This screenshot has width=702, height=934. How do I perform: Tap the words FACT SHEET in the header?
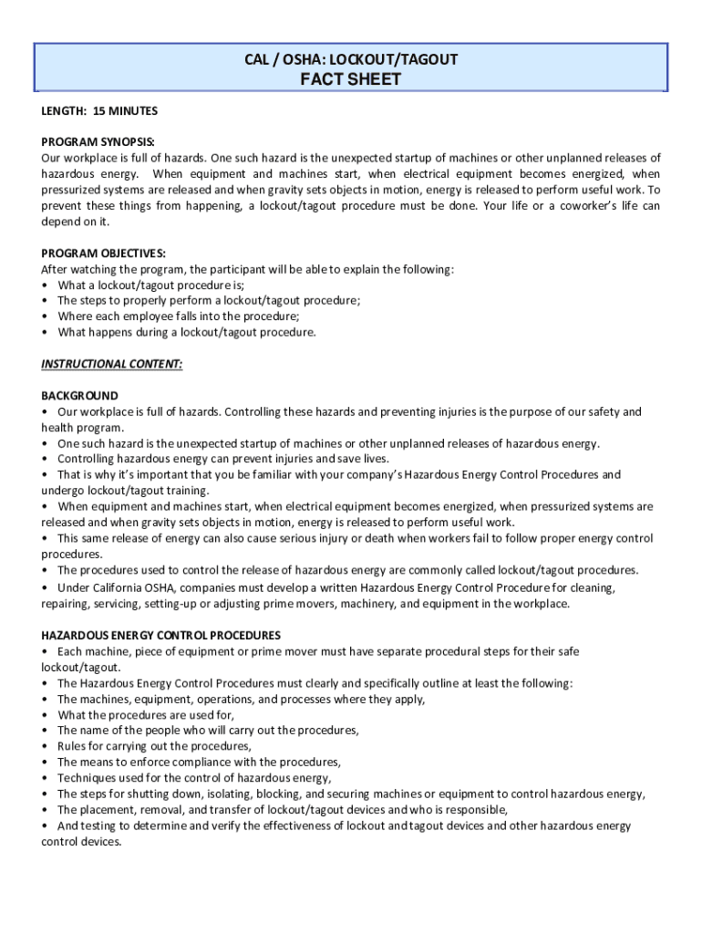pyautogui.click(x=351, y=79)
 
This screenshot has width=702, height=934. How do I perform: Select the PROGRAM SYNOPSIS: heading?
pyautogui.click(x=98, y=142)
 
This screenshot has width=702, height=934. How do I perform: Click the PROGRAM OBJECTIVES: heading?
pyautogui.click(x=103, y=253)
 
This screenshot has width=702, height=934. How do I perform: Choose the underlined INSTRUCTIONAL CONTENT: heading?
pyautogui.click(x=111, y=364)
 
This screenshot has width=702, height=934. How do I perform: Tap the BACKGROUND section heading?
pyautogui.click(x=79, y=396)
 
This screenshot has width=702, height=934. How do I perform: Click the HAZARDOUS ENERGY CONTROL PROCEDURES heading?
pyautogui.click(x=160, y=635)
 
